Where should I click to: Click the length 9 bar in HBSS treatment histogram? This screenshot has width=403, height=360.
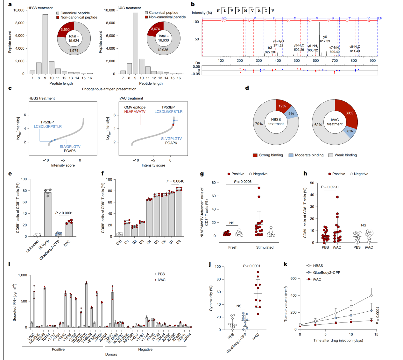point(45,44)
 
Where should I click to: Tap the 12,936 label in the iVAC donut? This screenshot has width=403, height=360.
point(163,50)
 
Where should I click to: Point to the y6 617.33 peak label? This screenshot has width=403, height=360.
point(325,39)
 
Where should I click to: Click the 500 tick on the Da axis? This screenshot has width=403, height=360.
point(297,60)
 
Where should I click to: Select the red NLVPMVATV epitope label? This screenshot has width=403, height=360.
point(135,112)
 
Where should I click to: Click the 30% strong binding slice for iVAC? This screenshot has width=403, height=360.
point(348,112)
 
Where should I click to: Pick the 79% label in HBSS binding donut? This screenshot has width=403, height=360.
point(259,124)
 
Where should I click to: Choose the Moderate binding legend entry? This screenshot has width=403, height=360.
point(306,155)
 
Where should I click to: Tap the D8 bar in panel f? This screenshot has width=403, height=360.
point(179,212)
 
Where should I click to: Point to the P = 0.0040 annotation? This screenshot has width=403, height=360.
point(175,181)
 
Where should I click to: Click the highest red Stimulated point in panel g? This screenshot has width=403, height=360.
point(259,188)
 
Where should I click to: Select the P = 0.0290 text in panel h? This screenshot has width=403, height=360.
point(329,187)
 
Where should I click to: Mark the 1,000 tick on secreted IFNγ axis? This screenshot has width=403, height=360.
point(22,275)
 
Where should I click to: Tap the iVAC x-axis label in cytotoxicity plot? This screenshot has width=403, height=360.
point(256,336)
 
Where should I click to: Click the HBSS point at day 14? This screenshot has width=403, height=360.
point(371,295)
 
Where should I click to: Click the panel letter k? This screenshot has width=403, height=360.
point(285,264)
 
